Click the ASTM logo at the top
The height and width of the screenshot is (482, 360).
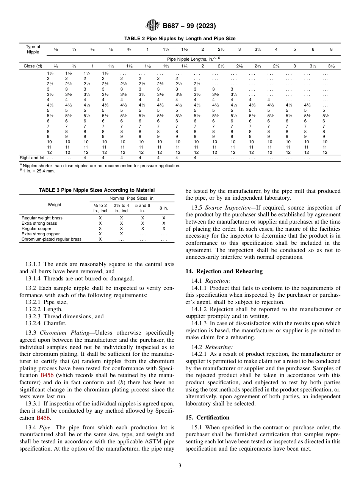coord(153,26)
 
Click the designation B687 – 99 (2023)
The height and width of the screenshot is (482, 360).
coord(189,26)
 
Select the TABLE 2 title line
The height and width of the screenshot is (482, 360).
coord(180,39)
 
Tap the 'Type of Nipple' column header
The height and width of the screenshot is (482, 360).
coord(33,50)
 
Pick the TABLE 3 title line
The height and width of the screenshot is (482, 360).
coord(97,190)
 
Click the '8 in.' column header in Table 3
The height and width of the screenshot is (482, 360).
coord(163,208)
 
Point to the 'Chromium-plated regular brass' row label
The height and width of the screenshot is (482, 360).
coord(51,239)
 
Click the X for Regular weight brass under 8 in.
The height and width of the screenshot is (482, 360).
coord(164,218)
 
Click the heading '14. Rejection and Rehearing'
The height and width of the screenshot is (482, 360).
coord(224,271)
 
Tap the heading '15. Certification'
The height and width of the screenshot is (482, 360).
coord(207,418)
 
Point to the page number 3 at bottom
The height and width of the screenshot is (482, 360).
coord(180,466)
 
